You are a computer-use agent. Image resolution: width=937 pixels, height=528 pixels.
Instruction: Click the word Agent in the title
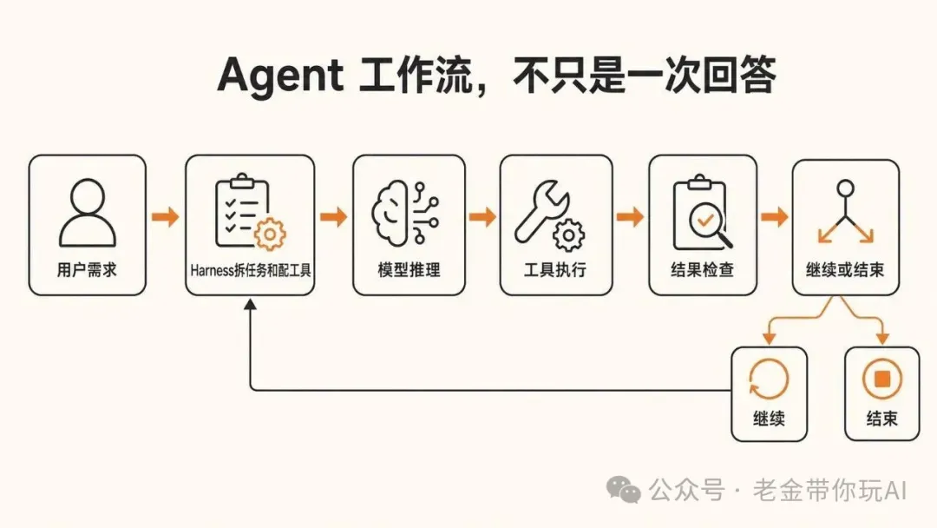click(x=280, y=76)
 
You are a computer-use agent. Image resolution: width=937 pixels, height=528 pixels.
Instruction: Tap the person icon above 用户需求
click(x=88, y=213)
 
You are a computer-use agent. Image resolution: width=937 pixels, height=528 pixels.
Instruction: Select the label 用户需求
click(x=88, y=270)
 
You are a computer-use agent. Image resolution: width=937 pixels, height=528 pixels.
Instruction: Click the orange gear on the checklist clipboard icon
click(x=270, y=234)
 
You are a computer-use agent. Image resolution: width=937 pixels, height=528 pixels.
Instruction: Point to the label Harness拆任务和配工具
click(x=251, y=271)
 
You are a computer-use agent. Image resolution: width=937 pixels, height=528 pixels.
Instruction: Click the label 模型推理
click(x=409, y=270)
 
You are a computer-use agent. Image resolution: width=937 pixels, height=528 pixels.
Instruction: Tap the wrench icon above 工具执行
click(x=541, y=211)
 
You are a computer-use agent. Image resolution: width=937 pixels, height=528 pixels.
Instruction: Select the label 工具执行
click(x=555, y=270)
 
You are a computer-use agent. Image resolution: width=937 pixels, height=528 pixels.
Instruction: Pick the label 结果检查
click(x=702, y=270)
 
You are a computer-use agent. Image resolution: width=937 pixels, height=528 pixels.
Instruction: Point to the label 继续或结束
click(x=845, y=270)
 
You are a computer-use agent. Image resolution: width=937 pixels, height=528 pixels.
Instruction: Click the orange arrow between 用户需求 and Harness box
click(x=166, y=216)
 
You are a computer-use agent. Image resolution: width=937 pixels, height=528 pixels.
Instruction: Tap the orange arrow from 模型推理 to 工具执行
click(x=482, y=216)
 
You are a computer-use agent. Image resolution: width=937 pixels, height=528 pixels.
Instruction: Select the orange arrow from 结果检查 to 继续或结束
click(x=775, y=216)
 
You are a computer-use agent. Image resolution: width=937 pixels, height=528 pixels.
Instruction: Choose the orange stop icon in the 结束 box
click(x=882, y=379)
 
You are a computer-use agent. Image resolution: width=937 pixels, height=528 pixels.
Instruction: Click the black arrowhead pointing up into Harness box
click(x=251, y=304)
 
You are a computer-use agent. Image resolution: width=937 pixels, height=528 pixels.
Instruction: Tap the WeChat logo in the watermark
click(x=623, y=490)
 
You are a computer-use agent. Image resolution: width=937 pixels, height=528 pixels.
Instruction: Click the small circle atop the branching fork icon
click(x=846, y=188)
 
